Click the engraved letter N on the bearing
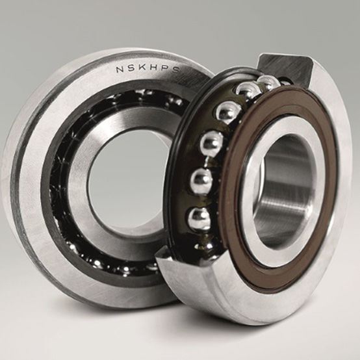tap(120, 68)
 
